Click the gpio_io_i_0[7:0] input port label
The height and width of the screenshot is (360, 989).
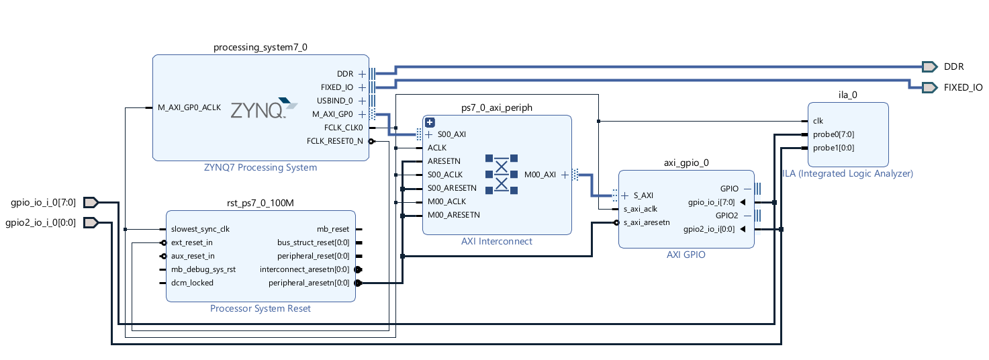click(44, 202)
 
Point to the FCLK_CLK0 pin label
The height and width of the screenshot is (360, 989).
click(343, 127)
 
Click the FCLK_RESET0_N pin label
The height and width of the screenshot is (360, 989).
click(334, 141)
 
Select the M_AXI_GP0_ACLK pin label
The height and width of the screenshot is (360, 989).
click(189, 107)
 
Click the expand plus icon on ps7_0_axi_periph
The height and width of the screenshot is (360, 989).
click(430, 122)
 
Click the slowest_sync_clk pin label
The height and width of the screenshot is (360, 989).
click(200, 229)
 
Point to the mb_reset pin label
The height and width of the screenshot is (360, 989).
click(333, 229)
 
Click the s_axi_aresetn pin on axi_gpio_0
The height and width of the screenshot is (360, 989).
click(647, 222)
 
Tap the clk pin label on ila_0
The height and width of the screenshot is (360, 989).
click(818, 121)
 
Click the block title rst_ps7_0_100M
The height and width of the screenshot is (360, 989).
click(261, 203)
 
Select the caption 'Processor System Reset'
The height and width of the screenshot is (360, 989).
click(261, 309)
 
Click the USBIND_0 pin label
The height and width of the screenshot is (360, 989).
click(335, 101)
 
